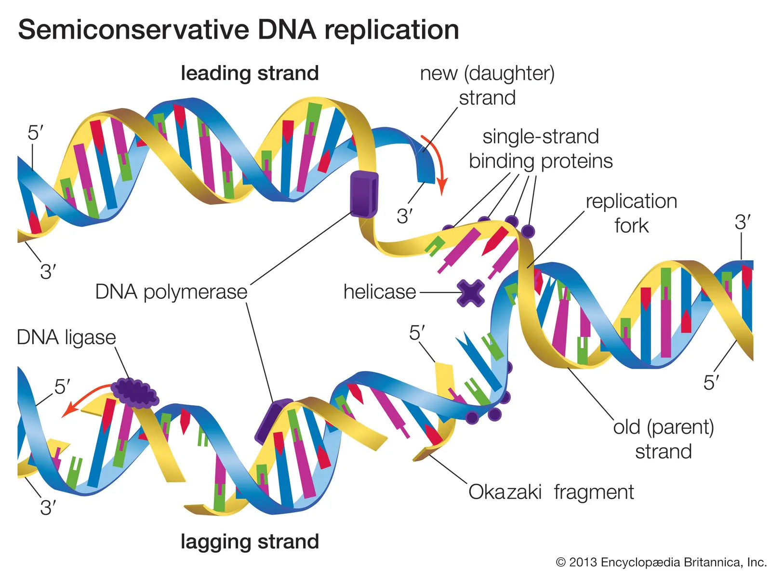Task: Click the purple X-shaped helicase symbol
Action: click(470, 293)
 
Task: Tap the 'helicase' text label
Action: click(379, 292)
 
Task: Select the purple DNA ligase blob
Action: click(134, 392)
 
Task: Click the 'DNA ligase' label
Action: click(66, 337)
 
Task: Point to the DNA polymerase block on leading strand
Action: click(363, 194)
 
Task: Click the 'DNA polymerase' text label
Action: click(171, 292)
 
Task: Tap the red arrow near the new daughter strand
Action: click(435, 164)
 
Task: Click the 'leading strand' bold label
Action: click(250, 73)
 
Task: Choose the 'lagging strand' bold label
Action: click(250, 542)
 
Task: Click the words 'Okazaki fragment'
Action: click(550, 492)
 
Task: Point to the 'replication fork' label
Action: click(631, 213)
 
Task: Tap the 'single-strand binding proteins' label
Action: click(541, 148)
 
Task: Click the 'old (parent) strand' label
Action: click(663, 439)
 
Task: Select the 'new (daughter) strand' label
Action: click(487, 85)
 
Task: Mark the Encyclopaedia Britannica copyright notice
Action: click(661, 562)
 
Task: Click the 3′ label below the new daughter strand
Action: click(405, 216)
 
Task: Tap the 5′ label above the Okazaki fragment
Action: click(417, 333)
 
